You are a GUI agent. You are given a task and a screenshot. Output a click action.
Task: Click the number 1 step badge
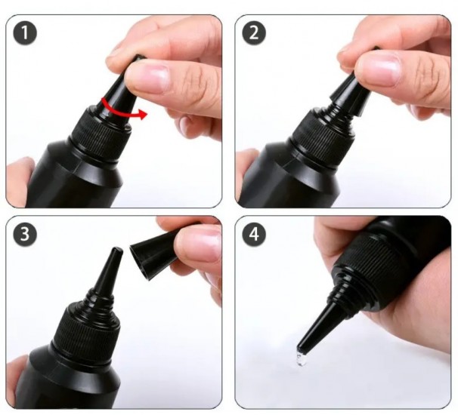(25, 32)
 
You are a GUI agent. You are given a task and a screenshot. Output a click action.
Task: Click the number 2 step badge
(254, 32)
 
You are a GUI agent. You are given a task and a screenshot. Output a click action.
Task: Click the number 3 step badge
(25, 234)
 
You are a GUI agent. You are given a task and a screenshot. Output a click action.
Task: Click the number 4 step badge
(254, 234)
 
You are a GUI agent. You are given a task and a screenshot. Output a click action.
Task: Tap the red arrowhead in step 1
(143, 115)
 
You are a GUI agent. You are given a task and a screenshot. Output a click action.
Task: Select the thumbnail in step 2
(378, 69)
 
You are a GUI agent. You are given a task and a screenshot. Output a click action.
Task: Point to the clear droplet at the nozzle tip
(302, 358)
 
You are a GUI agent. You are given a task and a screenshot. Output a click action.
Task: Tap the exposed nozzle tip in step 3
(117, 251)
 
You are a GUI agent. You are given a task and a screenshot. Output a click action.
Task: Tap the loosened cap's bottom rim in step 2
(348, 105)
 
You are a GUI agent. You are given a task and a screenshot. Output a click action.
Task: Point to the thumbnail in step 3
(198, 244)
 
